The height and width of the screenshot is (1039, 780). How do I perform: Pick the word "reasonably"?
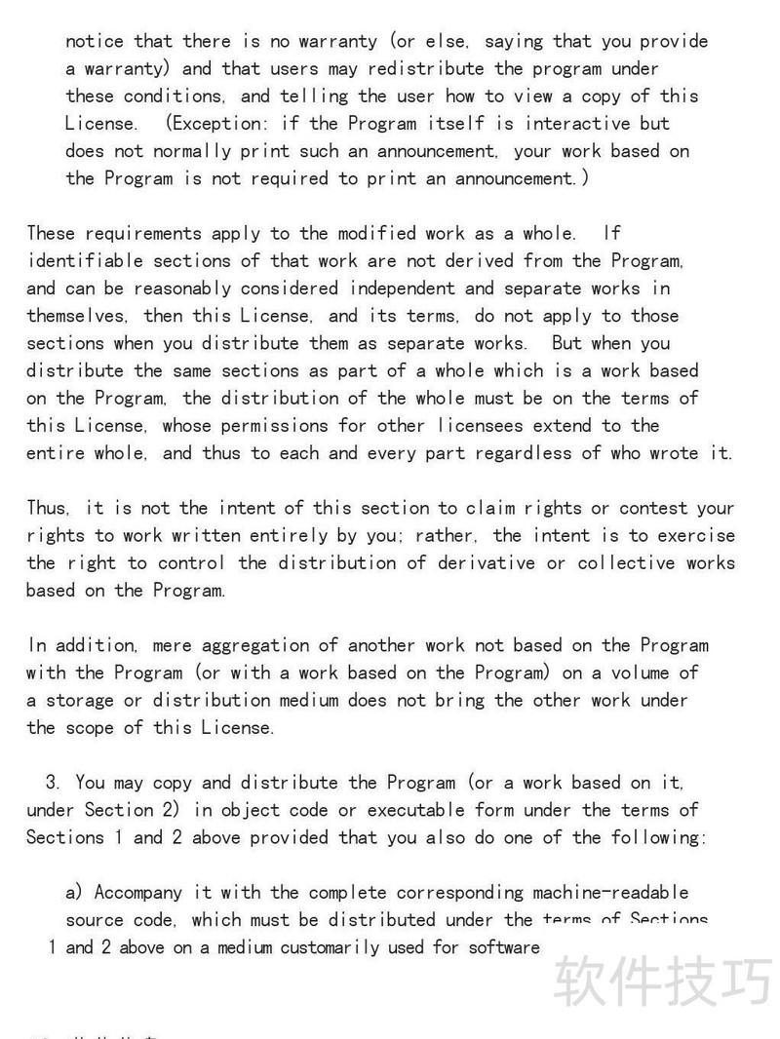pos(182,289)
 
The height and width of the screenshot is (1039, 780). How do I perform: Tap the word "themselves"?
pos(75,316)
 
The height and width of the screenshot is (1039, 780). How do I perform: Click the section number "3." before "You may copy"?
pos(54,783)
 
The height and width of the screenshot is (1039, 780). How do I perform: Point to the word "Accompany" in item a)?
pos(138,892)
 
